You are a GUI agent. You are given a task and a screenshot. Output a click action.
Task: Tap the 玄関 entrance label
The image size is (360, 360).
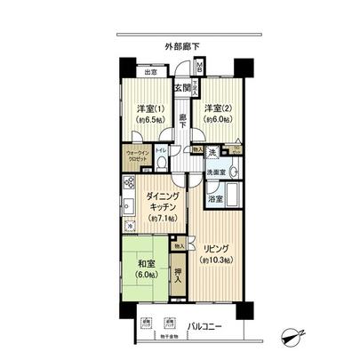(182, 87)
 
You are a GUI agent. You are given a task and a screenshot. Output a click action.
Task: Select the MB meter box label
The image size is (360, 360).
(200, 69)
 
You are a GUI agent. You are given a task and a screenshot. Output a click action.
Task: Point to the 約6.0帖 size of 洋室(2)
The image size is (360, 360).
(218, 120)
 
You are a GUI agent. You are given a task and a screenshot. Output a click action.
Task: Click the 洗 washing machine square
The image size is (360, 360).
(212, 151)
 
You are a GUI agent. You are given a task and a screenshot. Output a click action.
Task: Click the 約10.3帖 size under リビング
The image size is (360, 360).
(216, 259)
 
